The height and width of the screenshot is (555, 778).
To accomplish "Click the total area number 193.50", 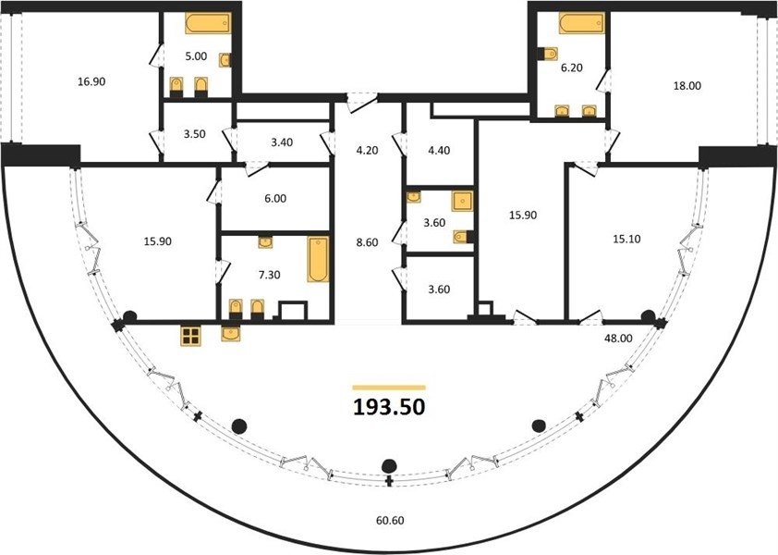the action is coord(389,407).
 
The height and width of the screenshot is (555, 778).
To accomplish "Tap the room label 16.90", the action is coord(91,81).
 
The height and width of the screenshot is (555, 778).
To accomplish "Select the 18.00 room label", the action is coord(687,85).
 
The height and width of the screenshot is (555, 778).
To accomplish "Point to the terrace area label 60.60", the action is coord(390,520).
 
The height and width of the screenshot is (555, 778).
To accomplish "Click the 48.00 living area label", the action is coord(618,339).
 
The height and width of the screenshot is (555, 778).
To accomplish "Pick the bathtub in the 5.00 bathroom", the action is coord(208,23).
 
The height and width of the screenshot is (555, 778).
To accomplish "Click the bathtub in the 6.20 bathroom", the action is coord(581,23).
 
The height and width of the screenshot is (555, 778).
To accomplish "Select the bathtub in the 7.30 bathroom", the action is coord(318,259).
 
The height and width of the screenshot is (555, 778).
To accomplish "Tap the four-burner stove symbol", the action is coord(190,337).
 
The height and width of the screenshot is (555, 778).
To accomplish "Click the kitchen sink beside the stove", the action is coord(231,333).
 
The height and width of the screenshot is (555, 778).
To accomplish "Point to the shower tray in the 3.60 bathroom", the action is coord(462,201).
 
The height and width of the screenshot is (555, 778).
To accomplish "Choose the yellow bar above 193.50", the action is coord(389,388).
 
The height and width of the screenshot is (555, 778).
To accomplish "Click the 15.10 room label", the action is coord(626,239).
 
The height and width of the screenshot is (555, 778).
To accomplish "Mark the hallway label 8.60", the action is coord(367,242).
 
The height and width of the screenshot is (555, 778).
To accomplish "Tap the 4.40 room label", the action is coord(439,150).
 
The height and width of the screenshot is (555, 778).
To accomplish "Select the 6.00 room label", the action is coord(275,198).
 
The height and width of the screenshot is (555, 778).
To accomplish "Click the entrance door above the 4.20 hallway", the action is coord(362,103).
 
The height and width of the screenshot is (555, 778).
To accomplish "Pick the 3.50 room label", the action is coord(194,134).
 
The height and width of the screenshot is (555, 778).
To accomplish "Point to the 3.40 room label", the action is coord(282,142).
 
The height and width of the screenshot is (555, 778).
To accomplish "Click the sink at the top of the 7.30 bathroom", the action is coord(265,242).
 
